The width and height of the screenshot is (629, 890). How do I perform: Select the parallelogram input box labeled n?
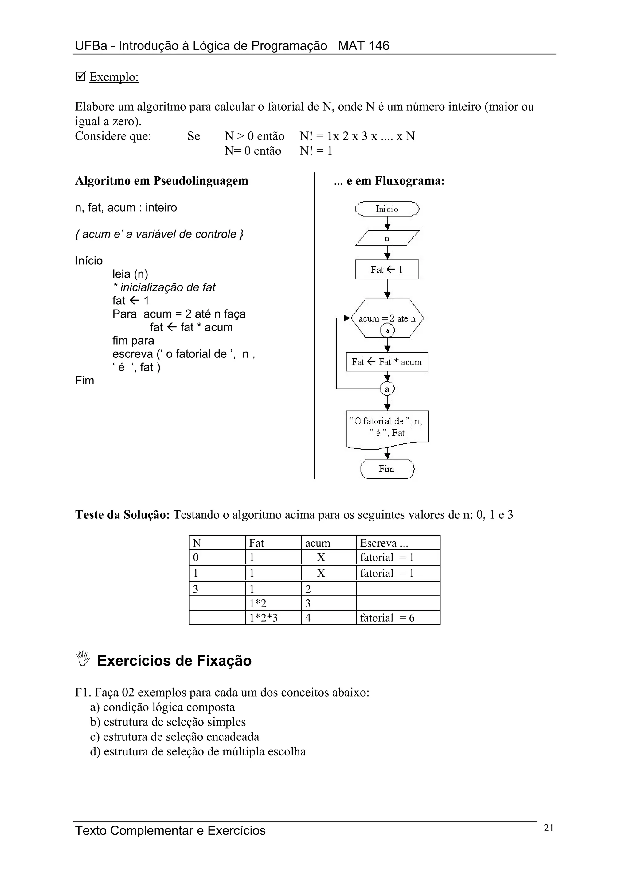coord(387,238)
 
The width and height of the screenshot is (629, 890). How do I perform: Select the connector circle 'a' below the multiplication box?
coord(387,388)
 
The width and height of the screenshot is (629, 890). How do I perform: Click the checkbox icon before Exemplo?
coord(80,76)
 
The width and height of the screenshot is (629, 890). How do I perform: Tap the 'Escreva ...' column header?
coord(398,543)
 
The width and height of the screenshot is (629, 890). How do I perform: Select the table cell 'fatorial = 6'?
coord(398,618)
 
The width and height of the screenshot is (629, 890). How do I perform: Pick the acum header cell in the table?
coord(328,543)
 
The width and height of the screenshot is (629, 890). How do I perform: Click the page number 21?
coord(549,828)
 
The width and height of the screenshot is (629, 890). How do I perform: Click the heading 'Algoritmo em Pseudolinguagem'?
coord(161,181)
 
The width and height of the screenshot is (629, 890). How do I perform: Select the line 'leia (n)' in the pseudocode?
coord(130,274)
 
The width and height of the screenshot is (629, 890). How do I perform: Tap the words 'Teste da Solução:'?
coord(123,515)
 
